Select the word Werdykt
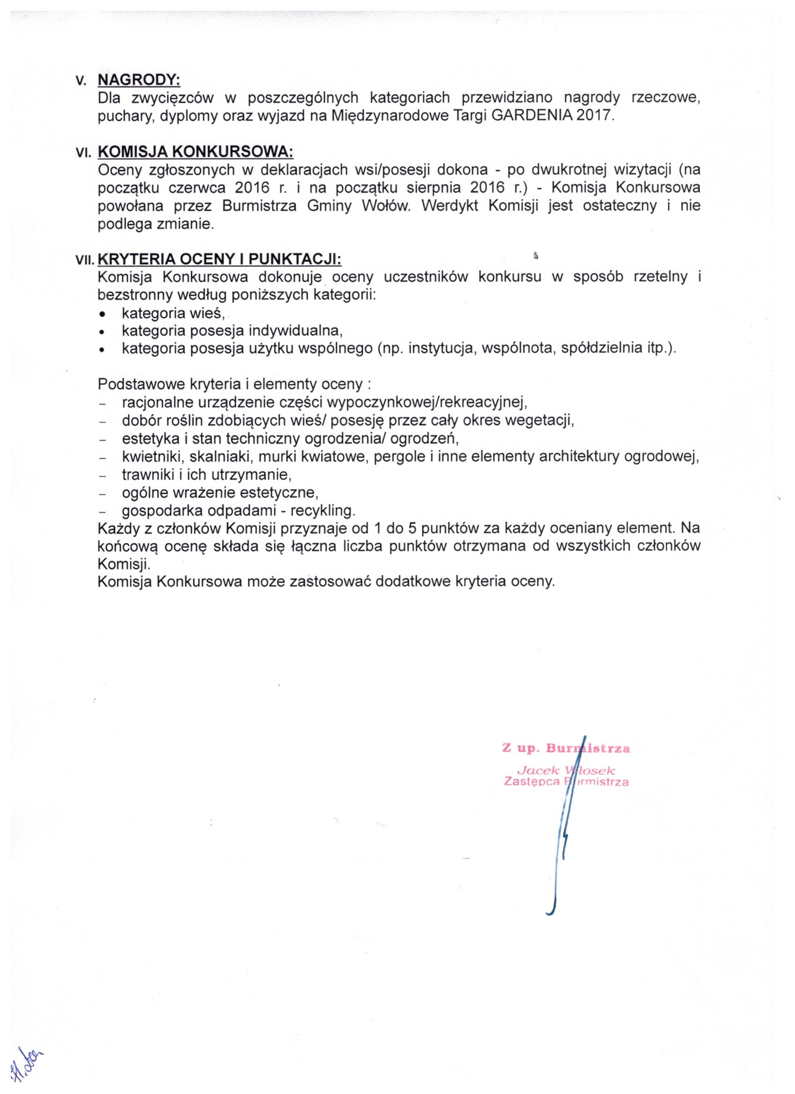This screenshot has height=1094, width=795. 449,206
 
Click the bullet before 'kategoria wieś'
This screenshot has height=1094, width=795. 102,314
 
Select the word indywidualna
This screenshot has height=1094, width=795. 295,331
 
